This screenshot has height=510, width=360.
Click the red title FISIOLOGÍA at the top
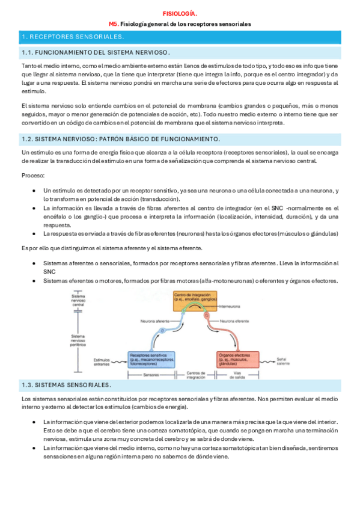pos(180,12)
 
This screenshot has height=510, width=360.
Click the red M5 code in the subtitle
pos(114,24)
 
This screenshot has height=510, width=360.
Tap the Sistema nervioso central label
pos(78,300)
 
